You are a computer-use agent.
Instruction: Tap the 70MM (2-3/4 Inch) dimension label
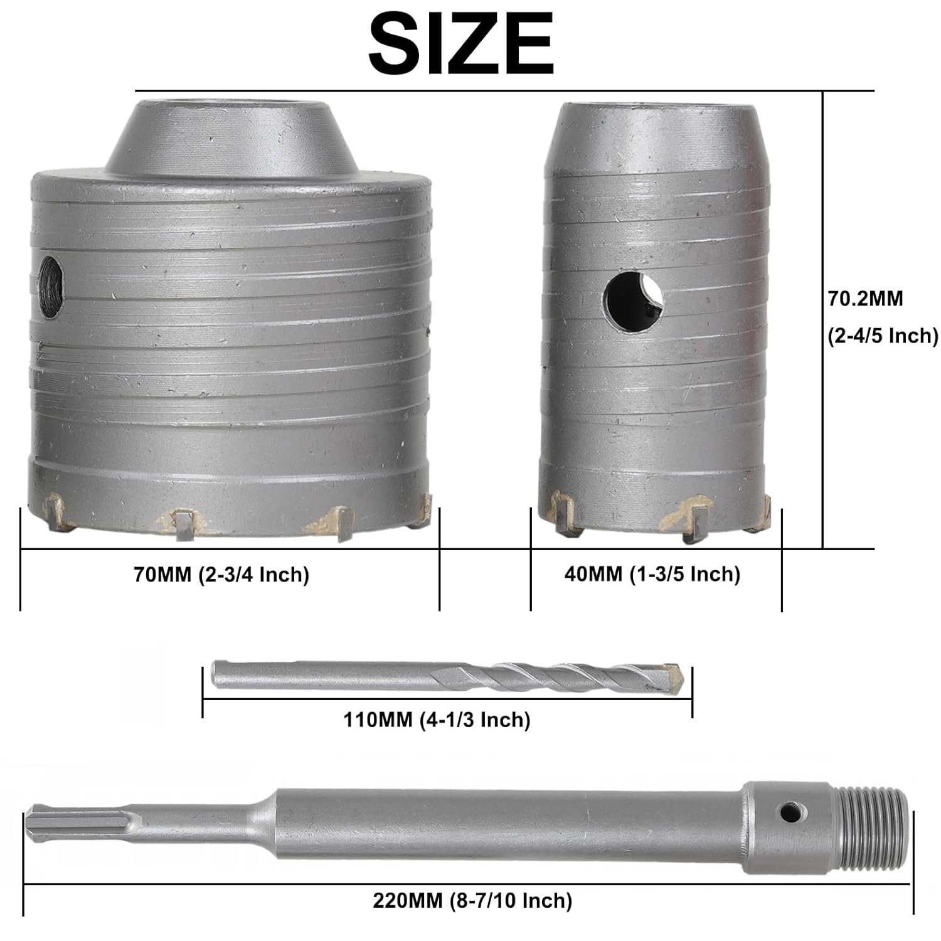[x=221, y=574]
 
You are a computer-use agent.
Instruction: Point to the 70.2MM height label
[x=866, y=299]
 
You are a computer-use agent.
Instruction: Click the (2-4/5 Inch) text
[x=883, y=336]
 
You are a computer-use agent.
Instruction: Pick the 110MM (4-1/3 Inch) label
[x=437, y=719]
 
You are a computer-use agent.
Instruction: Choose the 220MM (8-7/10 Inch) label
[x=472, y=901]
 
